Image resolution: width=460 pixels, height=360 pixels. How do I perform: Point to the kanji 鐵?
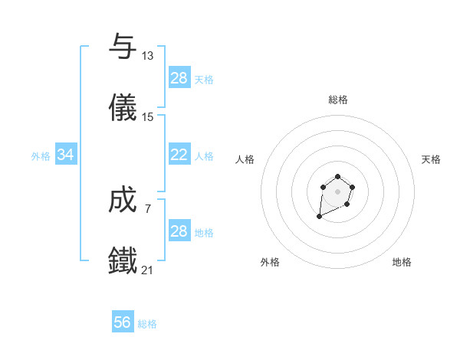pos(123,260)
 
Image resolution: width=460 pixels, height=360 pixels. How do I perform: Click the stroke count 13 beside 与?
pos(148,56)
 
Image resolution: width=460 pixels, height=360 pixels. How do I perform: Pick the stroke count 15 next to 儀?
pos(148,117)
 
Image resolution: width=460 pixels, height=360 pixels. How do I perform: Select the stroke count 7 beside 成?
pos(148,209)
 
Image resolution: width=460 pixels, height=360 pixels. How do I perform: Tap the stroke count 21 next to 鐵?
pos(148,270)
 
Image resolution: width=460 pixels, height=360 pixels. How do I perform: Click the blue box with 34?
pos(66,155)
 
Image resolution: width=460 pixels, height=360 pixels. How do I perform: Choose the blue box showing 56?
pos(123,322)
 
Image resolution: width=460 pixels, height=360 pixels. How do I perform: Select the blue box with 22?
pos(179,155)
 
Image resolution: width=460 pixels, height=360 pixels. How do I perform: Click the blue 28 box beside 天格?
pos(179,78)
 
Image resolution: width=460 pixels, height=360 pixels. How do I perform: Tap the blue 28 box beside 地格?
pos(179,231)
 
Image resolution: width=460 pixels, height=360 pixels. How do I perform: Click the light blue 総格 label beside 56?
pos(147,324)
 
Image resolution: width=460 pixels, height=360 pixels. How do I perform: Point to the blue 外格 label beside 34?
pos(41,156)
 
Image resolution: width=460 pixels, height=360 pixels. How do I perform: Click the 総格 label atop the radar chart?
pos(338,100)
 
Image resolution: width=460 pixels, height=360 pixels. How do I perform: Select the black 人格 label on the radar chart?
pos(246,159)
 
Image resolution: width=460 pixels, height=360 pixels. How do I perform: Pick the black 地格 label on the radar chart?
pos(402,263)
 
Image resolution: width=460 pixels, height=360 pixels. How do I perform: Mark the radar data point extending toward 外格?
pos(320,217)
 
